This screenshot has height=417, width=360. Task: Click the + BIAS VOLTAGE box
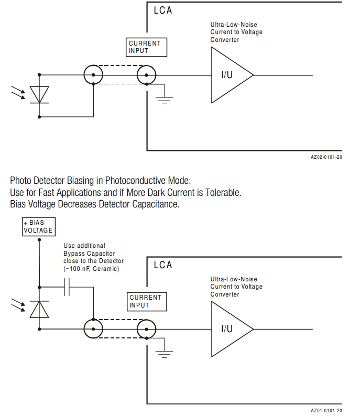(38, 226)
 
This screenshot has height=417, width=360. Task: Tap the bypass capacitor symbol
(67, 287)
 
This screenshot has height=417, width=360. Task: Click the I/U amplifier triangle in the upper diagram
(229, 75)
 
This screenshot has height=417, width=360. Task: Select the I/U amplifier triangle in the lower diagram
(229, 329)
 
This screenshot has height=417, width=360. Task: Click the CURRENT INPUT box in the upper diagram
(147, 47)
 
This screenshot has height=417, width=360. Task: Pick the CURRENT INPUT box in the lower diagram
(147, 301)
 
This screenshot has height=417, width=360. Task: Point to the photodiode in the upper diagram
(39, 94)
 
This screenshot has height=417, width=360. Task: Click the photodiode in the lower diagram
(39, 310)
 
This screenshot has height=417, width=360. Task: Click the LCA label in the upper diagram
(163, 10)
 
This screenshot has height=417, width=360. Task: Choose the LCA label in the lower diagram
(163, 265)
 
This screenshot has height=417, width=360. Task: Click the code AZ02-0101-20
(326, 157)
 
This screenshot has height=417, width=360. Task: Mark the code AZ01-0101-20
(326, 411)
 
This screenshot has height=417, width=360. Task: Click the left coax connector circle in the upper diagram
(93, 75)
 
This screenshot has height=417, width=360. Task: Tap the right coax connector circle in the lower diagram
(147, 329)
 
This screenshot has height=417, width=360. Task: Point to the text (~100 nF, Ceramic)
(91, 269)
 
